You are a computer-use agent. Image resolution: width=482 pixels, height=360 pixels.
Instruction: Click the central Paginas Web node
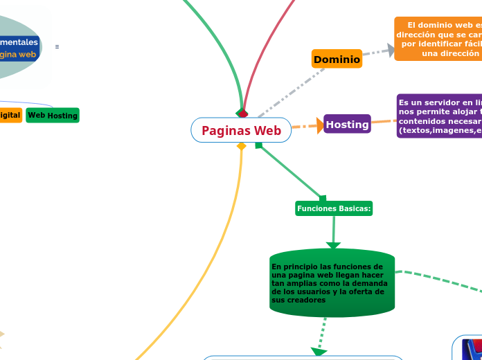[241, 130]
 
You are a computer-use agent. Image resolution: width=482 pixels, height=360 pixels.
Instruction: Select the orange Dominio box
[337, 60]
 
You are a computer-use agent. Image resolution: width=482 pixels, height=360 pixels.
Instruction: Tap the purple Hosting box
[347, 124]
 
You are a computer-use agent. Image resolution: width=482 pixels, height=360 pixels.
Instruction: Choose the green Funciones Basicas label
[334, 208]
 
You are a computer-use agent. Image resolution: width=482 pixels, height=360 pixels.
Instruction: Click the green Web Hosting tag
[53, 115]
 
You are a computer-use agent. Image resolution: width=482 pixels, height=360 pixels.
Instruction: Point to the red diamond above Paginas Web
[242, 114]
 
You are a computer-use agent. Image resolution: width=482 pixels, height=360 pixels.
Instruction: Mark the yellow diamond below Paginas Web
[241, 146]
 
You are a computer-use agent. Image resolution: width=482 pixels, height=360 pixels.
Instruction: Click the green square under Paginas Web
[258, 145]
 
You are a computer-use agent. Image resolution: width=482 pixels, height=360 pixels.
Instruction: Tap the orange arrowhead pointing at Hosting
[319, 125]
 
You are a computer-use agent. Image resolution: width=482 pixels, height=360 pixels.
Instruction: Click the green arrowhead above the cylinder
[333, 244]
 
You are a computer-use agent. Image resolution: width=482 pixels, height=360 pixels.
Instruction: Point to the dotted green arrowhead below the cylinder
[319, 352]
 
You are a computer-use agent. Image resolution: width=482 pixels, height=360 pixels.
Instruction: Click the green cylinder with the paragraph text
[332, 283]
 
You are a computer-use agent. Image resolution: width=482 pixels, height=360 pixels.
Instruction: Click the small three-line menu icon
[57, 46]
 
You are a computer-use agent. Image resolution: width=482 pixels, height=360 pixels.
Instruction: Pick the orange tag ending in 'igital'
[10, 115]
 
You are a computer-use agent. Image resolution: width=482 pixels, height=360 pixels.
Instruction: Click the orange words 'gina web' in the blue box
[19, 54]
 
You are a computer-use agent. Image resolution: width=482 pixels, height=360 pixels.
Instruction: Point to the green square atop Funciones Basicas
[322, 199]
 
